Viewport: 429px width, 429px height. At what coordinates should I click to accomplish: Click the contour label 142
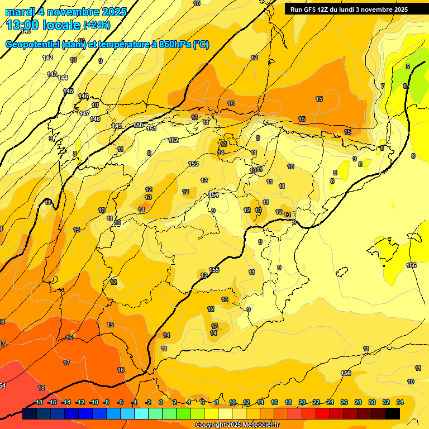[47, 58]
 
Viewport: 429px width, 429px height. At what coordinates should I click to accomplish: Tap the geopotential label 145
[68, 91]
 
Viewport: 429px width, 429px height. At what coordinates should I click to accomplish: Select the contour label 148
[95, 119]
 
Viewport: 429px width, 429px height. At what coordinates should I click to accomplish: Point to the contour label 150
[139, 125]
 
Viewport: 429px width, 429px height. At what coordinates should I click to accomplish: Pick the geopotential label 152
[174, 140]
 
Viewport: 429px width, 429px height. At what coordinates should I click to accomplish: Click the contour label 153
[193, 164]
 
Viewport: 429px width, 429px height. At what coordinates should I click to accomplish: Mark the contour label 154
[213, 195]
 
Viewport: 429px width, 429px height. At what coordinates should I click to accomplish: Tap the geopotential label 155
[214, 270]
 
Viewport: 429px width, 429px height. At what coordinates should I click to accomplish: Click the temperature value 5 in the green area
[407, 66]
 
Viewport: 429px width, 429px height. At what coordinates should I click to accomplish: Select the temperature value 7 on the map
[383, 86]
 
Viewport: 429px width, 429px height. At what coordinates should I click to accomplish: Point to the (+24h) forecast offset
[97, 25]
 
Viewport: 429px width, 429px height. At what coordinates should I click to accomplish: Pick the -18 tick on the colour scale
[38, 402]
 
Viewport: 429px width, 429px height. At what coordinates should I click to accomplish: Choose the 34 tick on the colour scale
[400, 402]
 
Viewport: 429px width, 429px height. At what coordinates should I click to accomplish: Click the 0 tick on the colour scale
[161, 402]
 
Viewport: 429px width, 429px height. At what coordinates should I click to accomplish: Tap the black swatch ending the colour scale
[393, 414]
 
